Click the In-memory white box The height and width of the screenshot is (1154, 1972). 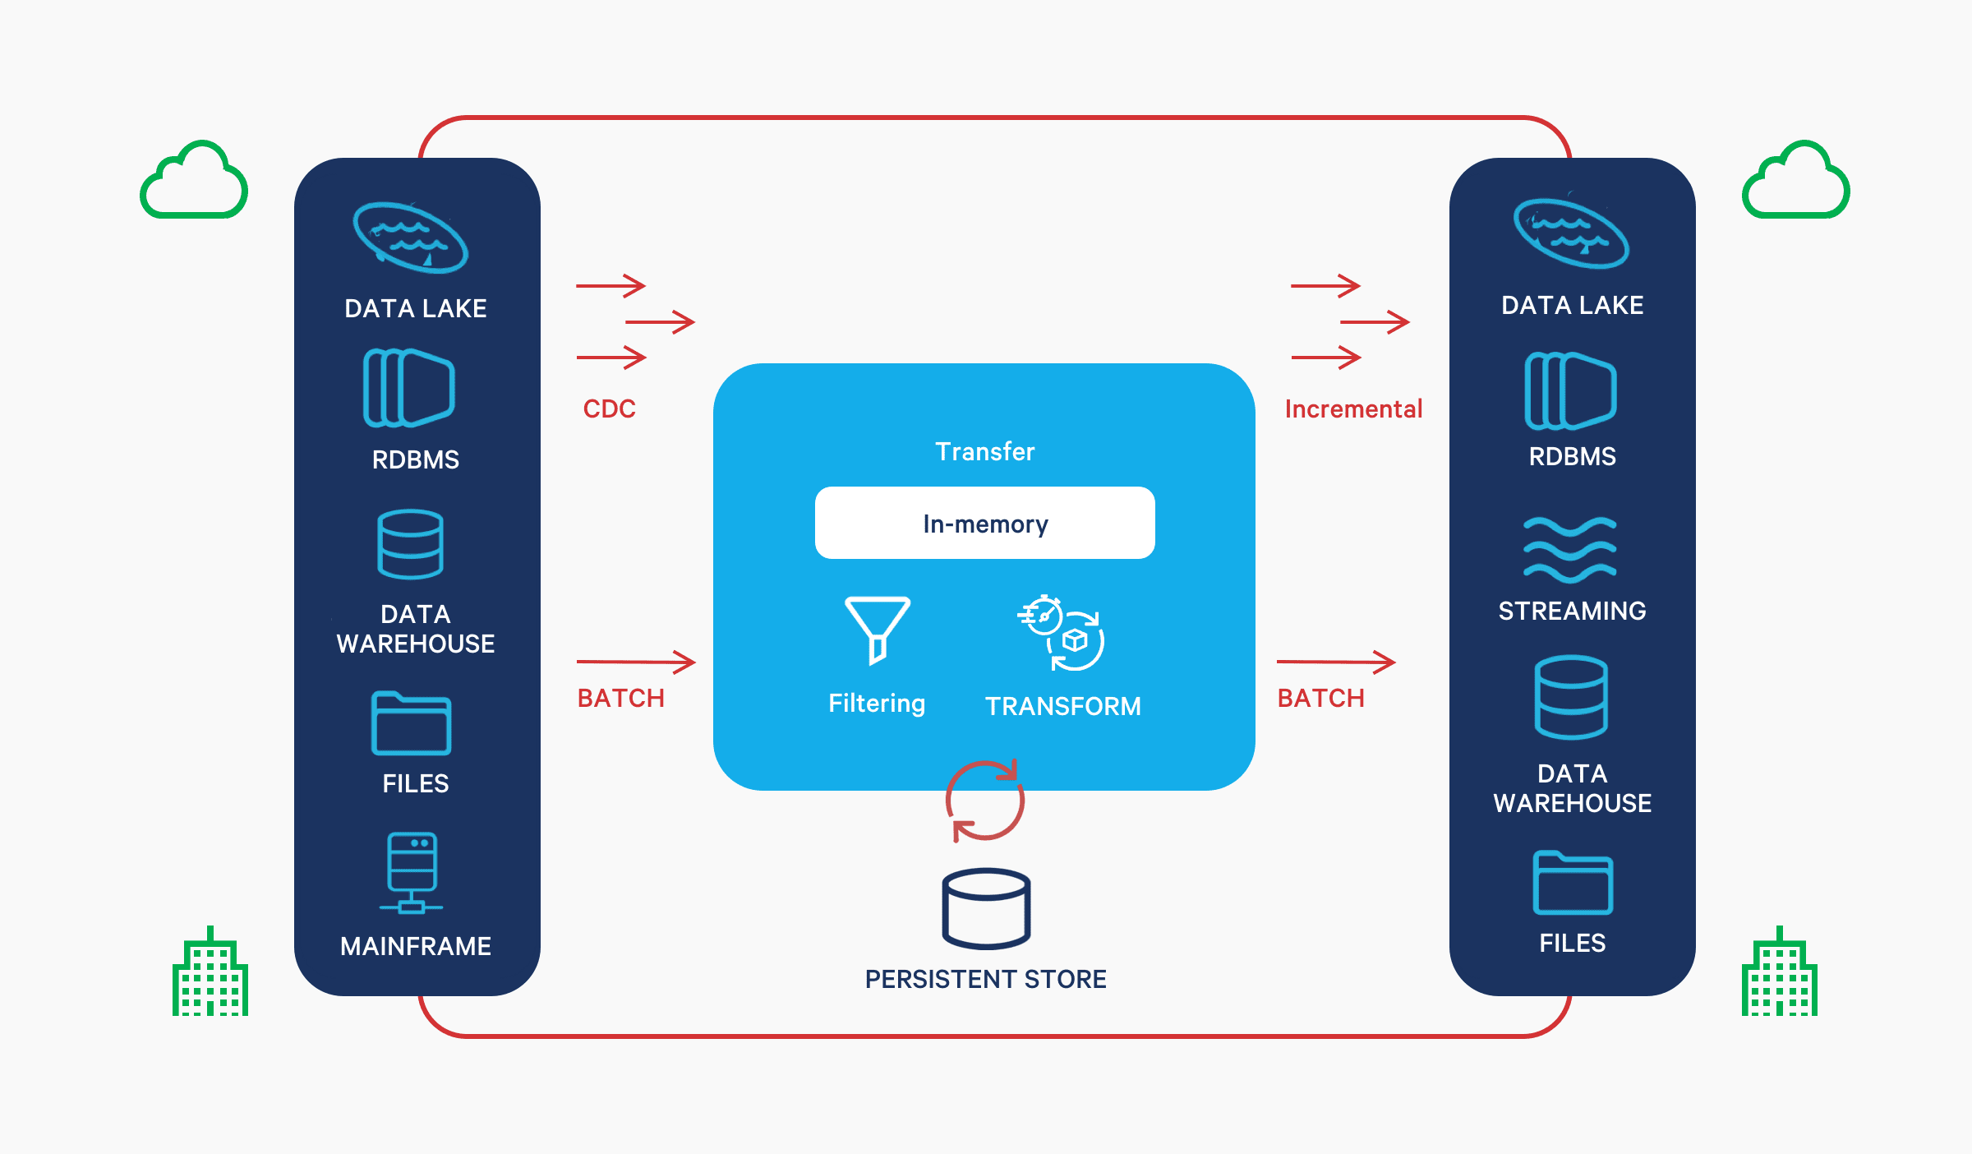point(984,523)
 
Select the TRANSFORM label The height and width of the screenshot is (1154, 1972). point(1062,706)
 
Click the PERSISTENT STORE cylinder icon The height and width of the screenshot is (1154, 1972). point(986,908)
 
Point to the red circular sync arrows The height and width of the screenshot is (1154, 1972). point(984,801)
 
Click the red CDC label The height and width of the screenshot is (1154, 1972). point(609,409)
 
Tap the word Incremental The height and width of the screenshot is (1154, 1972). point(1353,409)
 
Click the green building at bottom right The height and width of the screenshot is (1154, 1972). point(1779,973)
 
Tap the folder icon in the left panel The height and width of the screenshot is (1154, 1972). point(411,723)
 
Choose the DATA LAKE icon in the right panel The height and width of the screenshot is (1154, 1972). point(1571,234)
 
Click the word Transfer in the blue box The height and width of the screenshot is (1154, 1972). point(984,451)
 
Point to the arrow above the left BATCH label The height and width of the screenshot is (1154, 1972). point(636,662)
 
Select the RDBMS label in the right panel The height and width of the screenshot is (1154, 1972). point(1572,456)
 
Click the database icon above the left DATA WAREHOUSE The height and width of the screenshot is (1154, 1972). point(410,544)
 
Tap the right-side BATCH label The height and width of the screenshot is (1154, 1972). point(1320,698)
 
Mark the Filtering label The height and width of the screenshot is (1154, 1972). point(877,704)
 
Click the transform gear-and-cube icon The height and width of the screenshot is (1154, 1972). point(1062,634)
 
